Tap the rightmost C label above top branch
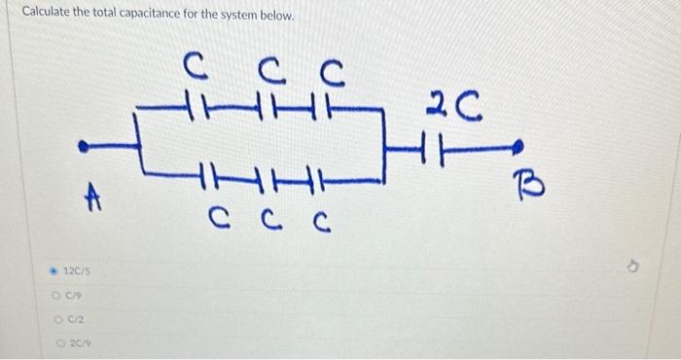(331, 71)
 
